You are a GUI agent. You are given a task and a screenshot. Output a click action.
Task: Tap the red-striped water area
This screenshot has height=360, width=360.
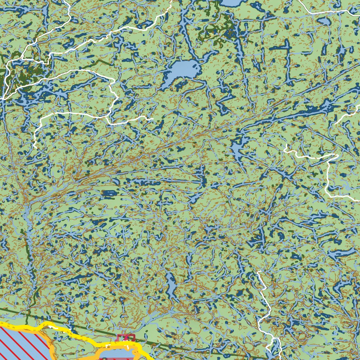(21, 343)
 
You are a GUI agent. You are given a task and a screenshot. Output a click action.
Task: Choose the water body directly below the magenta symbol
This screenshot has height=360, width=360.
(120, 353)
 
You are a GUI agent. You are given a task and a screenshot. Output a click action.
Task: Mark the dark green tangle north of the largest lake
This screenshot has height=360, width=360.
(214, 33)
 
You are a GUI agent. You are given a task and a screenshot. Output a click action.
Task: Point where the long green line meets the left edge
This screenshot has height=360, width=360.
(1, 309)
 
